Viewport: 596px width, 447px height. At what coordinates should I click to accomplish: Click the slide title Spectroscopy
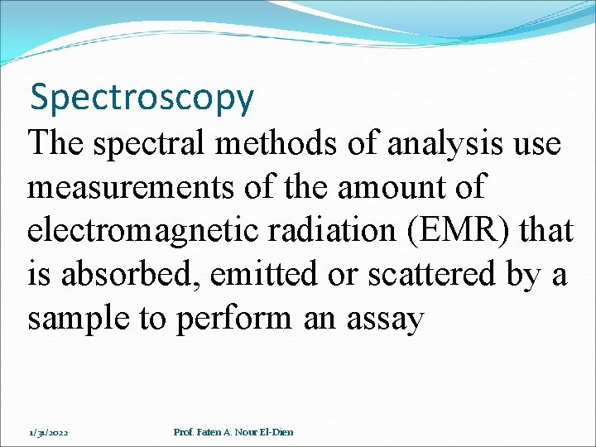[142, 98]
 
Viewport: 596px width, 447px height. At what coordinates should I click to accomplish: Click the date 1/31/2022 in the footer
[49, 432]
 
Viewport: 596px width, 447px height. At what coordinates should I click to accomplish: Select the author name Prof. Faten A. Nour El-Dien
[233, 432]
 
